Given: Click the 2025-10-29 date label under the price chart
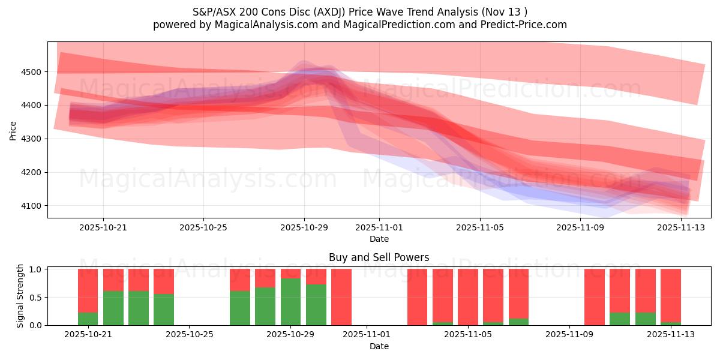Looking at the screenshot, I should pos(304,227).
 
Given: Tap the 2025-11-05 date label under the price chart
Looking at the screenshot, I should pos(479,227).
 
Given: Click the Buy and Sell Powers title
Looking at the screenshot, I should pos(379,257).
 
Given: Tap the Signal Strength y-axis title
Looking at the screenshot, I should pos(20,296).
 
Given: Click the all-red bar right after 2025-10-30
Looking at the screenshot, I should pos(341,297).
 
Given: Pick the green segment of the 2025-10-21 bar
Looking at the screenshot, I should pos(88,319).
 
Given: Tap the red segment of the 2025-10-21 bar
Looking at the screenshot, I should pos(88,290).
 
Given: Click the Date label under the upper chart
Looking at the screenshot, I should pos(379,239).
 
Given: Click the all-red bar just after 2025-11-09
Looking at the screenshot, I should pos(595,297).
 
